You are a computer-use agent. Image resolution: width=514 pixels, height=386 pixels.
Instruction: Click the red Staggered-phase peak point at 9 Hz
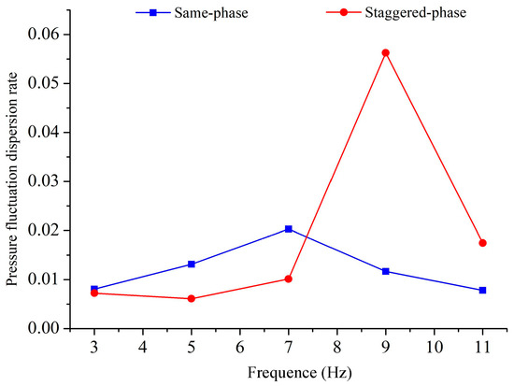coord(385,53)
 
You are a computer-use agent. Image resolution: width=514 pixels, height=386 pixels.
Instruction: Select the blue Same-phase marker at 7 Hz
coord(289,229)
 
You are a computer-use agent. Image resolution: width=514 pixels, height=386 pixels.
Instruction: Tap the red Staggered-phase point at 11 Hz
coord(482,243)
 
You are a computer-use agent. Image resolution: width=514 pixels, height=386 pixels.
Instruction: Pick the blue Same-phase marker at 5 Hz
coord(192,264)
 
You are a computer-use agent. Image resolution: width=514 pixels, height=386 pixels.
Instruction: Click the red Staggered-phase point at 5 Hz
coord(192,299)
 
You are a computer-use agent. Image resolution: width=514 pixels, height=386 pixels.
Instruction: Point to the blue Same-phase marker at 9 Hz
coord(385,271)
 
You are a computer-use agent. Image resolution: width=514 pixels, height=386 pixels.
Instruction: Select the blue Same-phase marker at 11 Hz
coord(482,291)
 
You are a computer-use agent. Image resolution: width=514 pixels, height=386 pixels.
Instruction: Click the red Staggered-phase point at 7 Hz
coord(289,279)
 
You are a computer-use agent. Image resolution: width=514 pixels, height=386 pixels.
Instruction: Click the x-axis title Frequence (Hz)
coord(288,372)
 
